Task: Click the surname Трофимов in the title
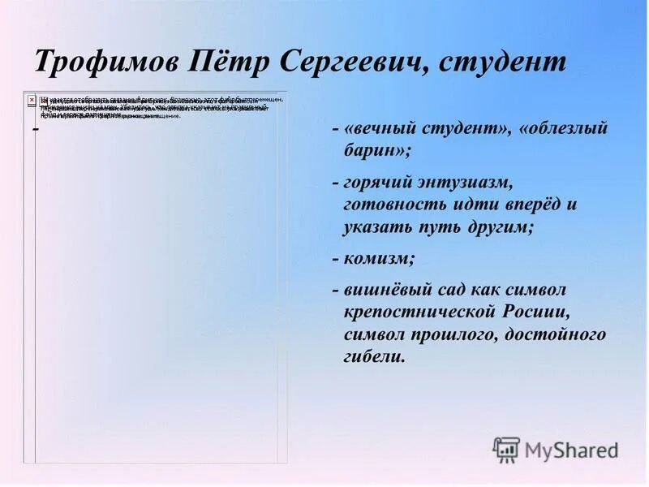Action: [109, 62]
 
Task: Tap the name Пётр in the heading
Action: [232, 62]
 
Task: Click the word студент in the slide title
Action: [504, 62]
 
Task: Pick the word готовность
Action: [394, 205]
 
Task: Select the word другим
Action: [501, 227]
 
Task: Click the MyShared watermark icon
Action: [506, 450]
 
